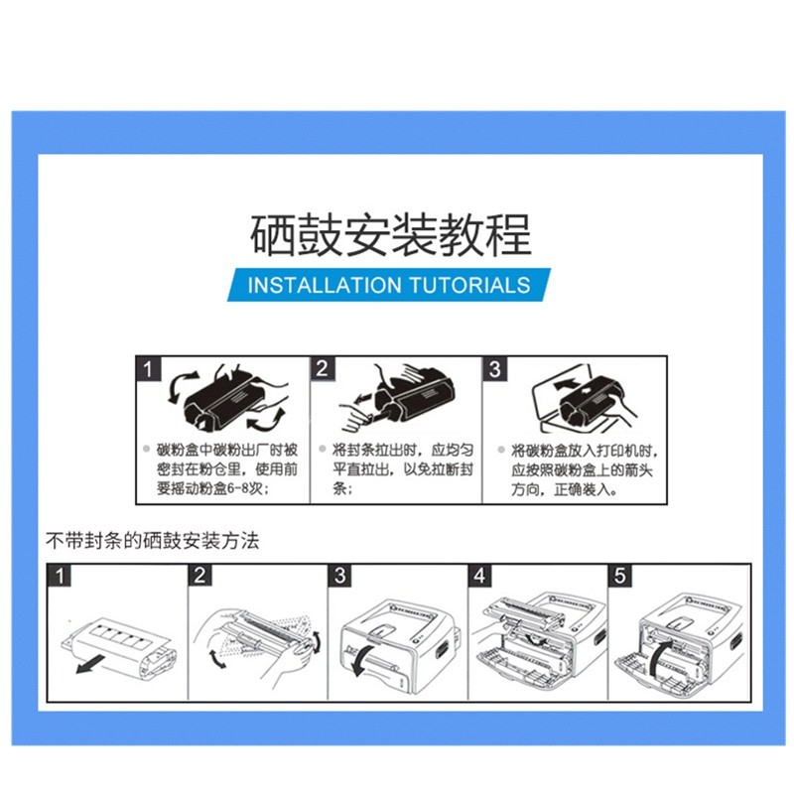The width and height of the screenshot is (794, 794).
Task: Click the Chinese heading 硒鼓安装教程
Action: tap(390, 235)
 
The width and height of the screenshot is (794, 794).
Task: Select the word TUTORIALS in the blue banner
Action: tap(469, 285)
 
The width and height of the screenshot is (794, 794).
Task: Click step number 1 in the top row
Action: tap(148, 368)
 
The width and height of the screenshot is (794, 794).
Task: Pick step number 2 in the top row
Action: tap(322, 368)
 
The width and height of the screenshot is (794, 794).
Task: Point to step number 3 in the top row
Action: tap(494, 368)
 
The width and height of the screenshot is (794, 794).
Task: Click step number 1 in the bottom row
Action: tap(60, 576)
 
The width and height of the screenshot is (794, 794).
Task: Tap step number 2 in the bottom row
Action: tap(200, 576)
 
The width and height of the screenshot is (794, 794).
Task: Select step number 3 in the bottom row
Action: tap(339, 576)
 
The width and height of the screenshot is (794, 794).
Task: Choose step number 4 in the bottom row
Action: tap(479, 576)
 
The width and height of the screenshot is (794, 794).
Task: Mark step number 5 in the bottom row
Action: tap(619, 576)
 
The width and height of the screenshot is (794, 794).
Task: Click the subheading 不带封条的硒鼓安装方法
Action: tap(153, 541)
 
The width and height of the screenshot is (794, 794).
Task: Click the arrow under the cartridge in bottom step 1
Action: tap(89, 665)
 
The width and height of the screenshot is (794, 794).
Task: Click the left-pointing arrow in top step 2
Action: tap(365, 399)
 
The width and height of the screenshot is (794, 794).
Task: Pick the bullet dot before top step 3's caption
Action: tap(501, 450)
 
